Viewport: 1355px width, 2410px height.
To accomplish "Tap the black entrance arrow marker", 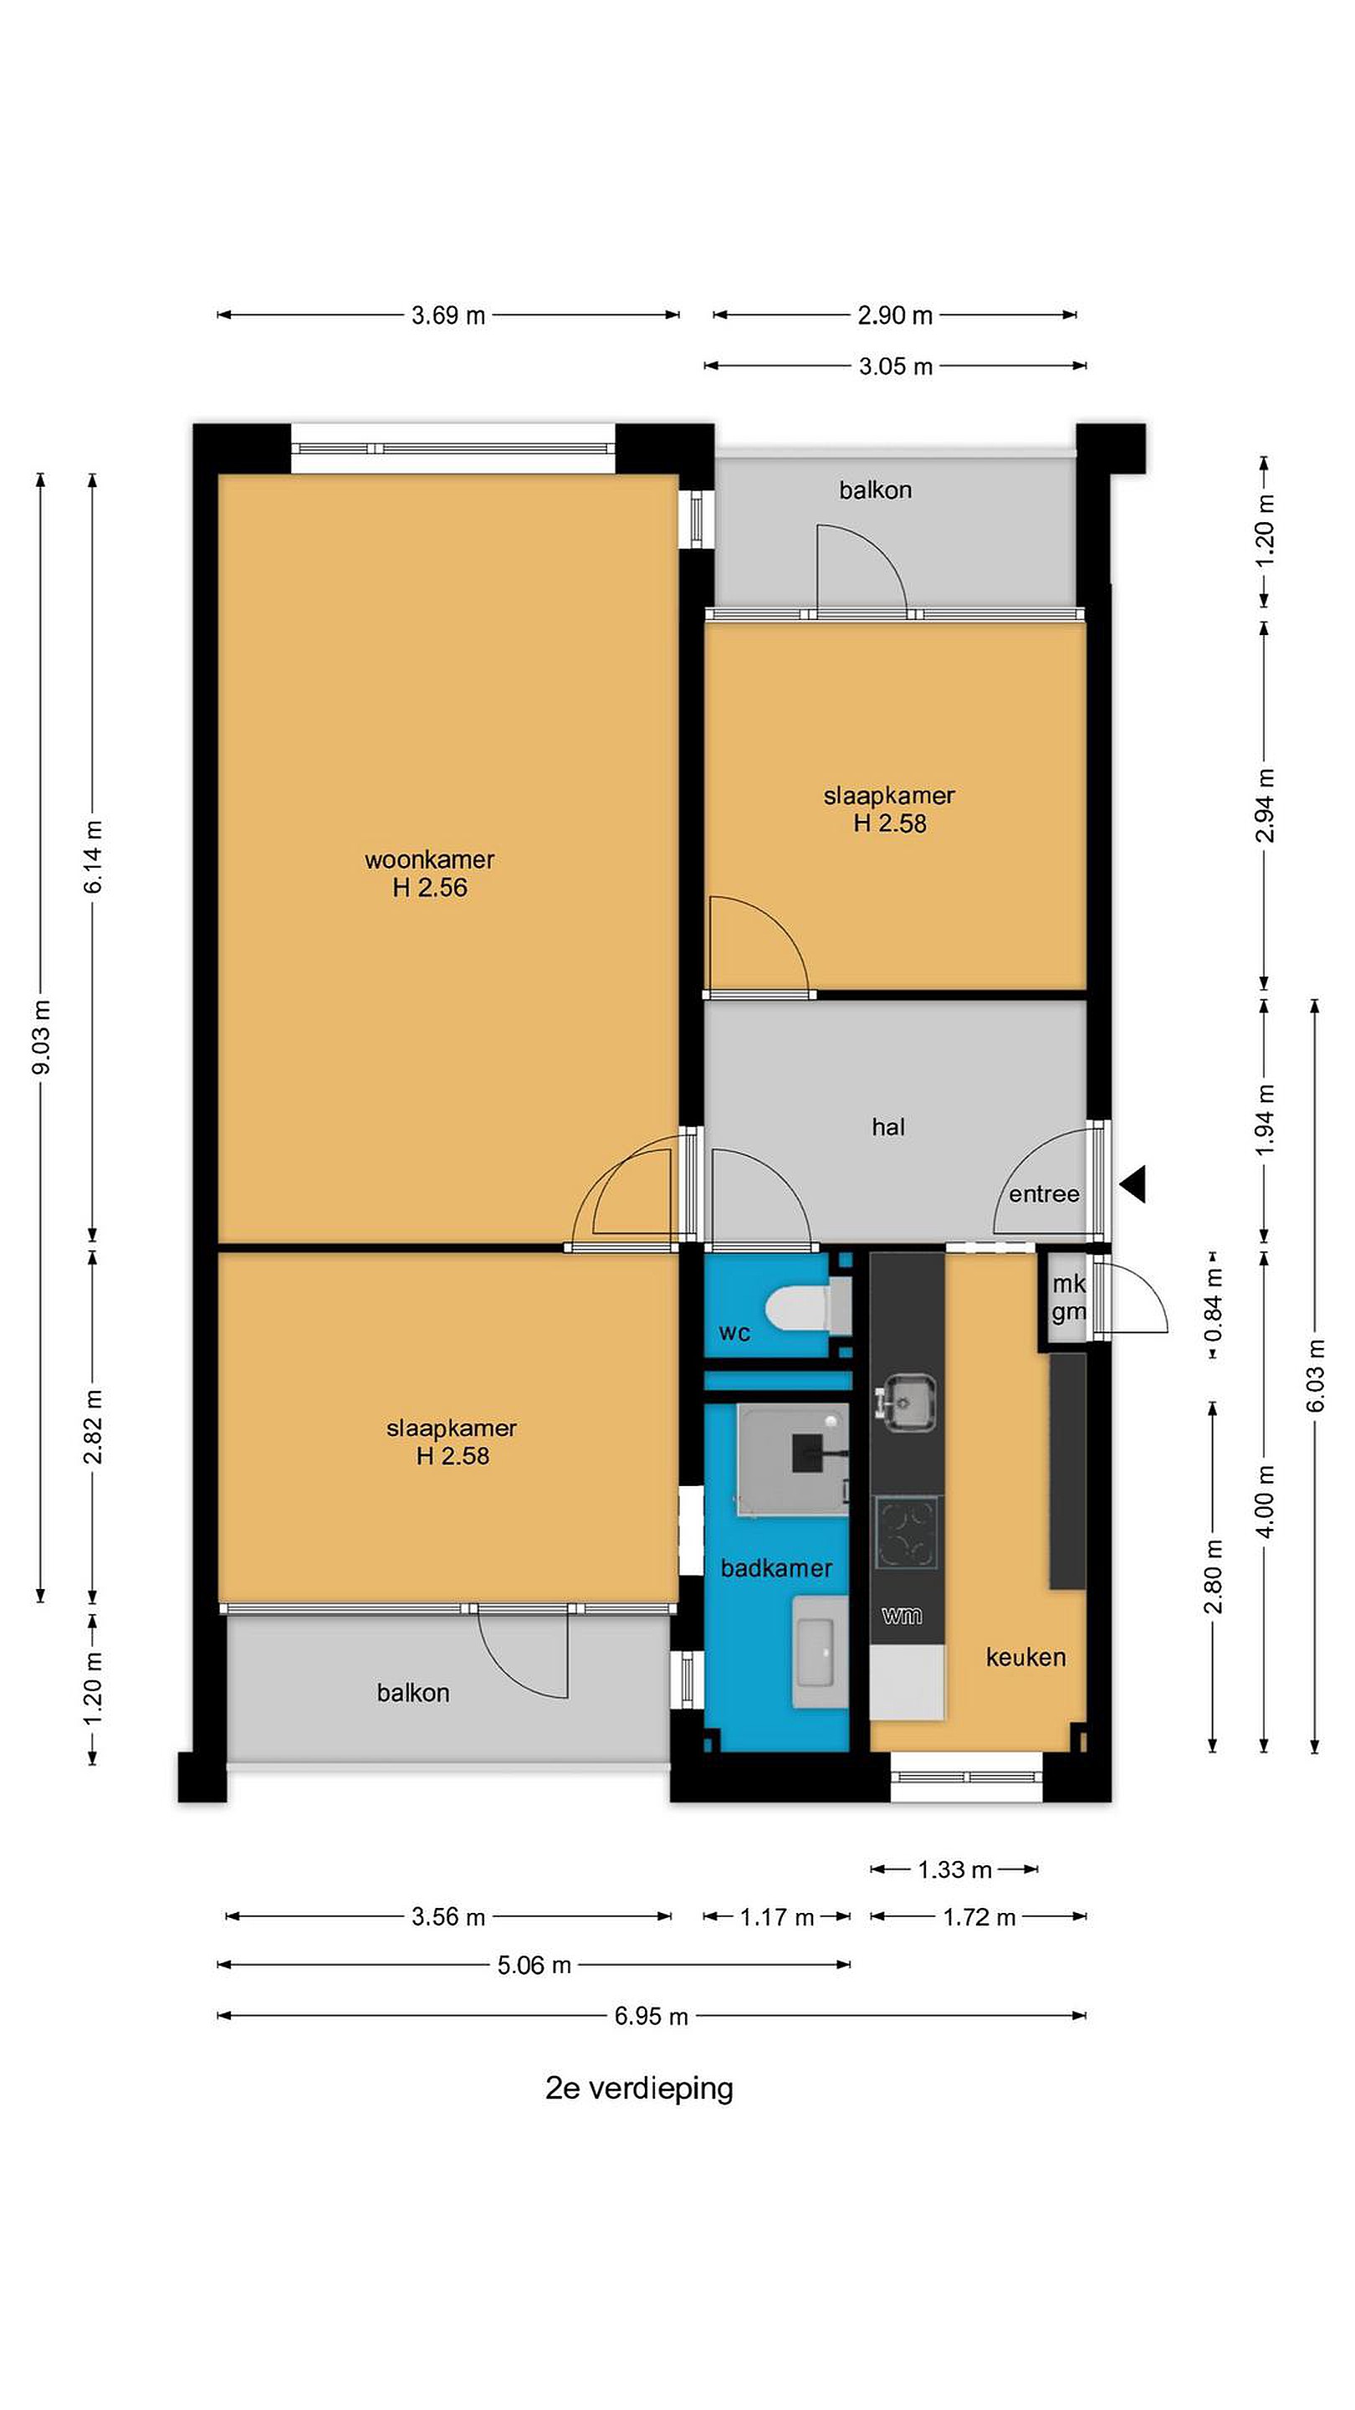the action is [1133, 1184].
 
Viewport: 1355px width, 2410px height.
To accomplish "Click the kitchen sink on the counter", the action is [905, 1402].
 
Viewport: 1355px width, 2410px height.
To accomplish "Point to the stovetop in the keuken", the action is [906, 1532].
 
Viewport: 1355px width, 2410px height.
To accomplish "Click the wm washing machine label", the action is [902, 1615].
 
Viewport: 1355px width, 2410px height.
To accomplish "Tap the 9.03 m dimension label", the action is [41, 1037].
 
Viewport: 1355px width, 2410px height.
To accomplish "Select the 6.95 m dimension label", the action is [651, 2016].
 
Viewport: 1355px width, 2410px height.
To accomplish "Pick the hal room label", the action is [888, 1127].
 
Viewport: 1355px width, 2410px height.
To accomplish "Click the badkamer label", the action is [776, 1568].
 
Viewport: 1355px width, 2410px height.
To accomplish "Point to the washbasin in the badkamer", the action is [820, 1652].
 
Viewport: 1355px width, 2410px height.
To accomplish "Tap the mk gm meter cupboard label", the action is [1068, 1298].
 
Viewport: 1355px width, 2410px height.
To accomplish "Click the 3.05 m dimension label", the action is [896, 367].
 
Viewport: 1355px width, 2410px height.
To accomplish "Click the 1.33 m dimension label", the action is [954, 1870].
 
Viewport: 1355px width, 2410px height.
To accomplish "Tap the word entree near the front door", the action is [1044, 1194].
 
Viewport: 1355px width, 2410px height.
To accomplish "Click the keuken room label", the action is [1025, 1657].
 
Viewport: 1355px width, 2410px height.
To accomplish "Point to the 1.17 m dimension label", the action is [777, 1917].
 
